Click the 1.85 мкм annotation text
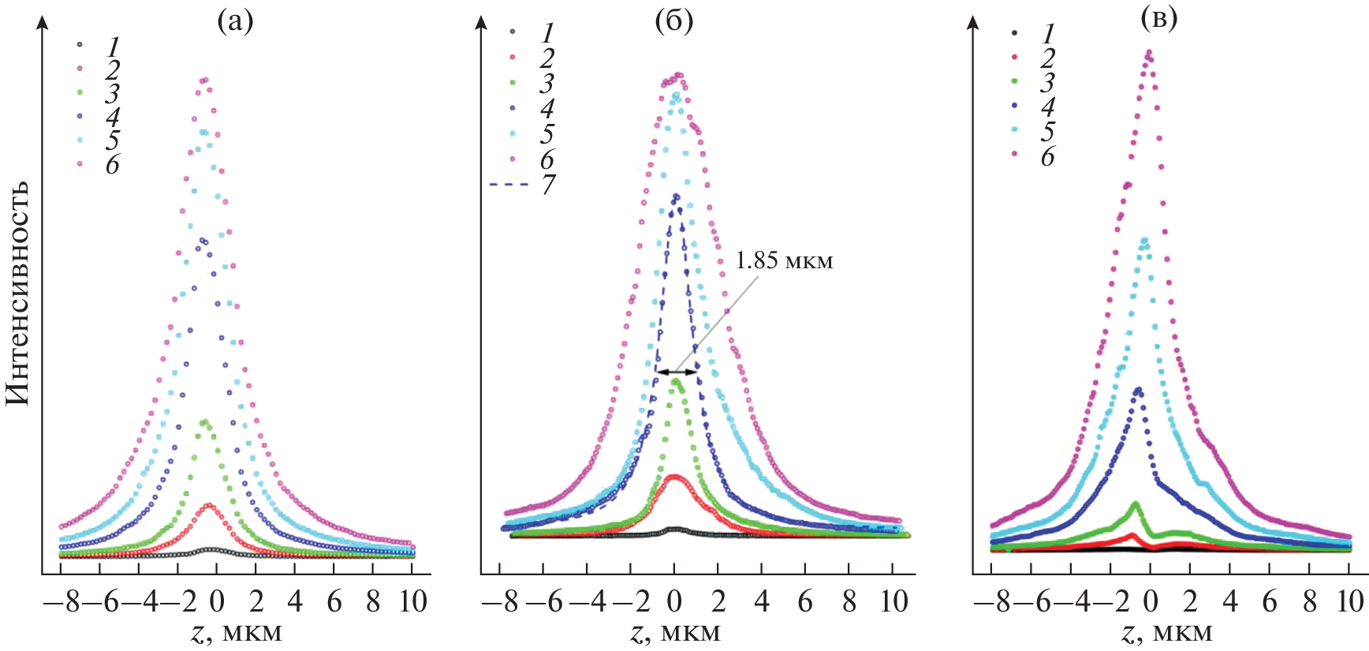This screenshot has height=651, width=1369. (784, 261)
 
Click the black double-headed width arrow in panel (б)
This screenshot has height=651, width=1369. (677, 372)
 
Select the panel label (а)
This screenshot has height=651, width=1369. (235, 21)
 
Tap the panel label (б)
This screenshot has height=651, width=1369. (674, 21)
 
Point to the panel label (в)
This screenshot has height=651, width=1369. (1159, 19)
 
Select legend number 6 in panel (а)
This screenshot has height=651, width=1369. (113, 164)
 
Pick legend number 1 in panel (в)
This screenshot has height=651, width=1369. (1048, 33)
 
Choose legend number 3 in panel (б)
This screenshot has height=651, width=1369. (546, 83)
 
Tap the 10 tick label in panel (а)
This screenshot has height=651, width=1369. (412, 602)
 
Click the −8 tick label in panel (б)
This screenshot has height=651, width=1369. (501, 602)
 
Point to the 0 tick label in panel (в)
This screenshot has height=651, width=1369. (1151, 602)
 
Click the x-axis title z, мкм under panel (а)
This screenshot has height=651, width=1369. (236, 633)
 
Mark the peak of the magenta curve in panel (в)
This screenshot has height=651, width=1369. (1148, 53)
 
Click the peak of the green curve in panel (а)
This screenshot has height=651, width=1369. (205, 421)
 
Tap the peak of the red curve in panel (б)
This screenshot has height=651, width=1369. (674, 476)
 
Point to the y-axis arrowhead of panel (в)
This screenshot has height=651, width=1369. (972, 22)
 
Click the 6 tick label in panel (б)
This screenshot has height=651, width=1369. (805, 602)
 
